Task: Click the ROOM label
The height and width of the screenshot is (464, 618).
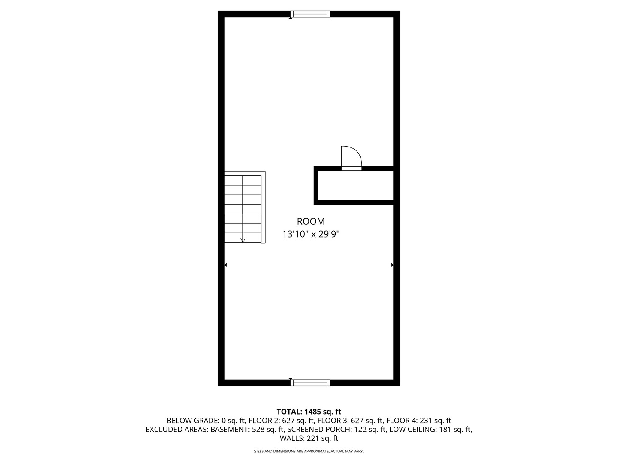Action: click(311, 222)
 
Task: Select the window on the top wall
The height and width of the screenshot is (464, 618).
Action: click(310, 14)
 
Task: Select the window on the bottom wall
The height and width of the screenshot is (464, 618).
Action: click(310, 383)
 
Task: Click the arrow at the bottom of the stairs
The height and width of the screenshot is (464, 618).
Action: click(243, 240)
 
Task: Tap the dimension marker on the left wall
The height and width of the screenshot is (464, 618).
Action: click(226, 265)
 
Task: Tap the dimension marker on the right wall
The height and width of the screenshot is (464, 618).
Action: click(392, 265)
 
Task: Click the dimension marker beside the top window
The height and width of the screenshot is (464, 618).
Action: click(291, 18)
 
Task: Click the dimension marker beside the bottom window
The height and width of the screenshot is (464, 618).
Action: click(291, 379)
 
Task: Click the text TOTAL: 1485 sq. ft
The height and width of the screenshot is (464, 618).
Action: click(309, 412)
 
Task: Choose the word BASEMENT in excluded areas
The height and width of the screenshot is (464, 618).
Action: click(229, 430)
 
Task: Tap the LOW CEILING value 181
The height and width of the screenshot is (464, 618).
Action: click(445, 430)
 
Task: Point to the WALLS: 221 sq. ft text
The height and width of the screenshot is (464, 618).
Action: click(309, 439)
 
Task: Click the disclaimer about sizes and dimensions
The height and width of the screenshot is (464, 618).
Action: click(309, 452)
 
